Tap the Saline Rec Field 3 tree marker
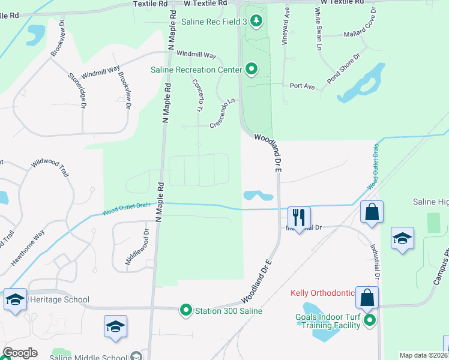[x=257, y=22]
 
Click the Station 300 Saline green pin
[x=186, y=310]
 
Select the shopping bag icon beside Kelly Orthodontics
[x=366, y=298]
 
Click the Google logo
[x=20, y=353]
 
